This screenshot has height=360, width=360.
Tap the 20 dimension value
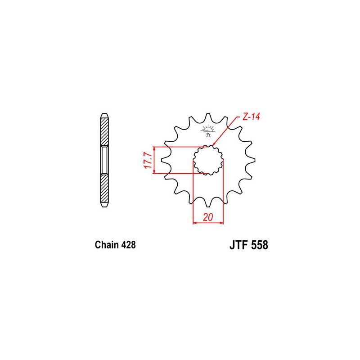(x=208, y=217)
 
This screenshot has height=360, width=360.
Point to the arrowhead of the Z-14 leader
(x=213, y=145)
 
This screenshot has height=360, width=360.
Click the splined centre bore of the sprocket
(x=208, y=160)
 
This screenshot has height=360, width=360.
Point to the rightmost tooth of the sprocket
(x=252, y=160)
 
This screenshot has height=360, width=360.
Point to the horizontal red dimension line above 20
(x=208, y=223)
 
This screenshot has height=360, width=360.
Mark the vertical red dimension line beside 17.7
(x=155, y=160)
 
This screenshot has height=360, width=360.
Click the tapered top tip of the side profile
(x=104, y=115)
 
